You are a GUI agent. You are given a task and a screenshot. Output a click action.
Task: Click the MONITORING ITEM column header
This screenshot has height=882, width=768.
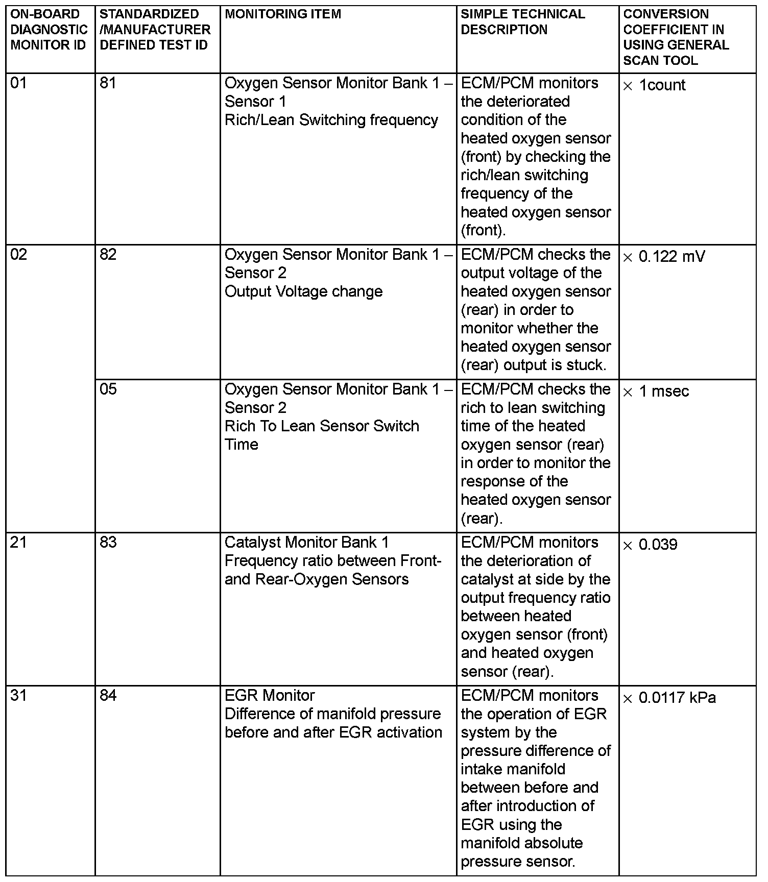pyautogui.click(x=283, y=14)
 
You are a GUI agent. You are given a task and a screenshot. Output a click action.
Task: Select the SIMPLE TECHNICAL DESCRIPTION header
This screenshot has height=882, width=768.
pyautogui.click(x=522, y=22)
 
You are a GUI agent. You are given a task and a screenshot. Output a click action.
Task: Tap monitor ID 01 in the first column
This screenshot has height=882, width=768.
pyautogui.click(x=18, y=83)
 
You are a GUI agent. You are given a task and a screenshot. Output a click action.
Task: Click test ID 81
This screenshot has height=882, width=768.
pyautogui.click(x=108, y=83)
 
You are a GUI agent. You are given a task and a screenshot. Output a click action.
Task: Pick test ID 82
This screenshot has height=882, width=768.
pyautogui.click(x=108, y=255)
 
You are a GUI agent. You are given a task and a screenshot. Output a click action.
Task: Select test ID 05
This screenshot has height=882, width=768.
pyautogui.click(x=108, y=389)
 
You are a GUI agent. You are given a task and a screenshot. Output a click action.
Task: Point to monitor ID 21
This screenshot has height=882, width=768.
pyautogui.click(x=18, y=543)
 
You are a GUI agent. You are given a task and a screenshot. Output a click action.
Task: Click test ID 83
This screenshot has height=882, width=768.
pyautogui.click(x=108, y=543)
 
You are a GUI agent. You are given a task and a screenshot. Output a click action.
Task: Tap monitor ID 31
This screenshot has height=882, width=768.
pyautogui.click(x=18, y=696)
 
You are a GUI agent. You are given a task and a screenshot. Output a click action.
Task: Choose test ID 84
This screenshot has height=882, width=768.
pyautogui.click(x=108, y=696)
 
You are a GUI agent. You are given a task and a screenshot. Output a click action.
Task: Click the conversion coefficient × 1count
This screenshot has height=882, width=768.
pyautogui.click(x=654, y=85)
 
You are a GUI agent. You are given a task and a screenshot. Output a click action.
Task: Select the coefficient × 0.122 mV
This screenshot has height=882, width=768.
pyautogui.click(x=664, y=257)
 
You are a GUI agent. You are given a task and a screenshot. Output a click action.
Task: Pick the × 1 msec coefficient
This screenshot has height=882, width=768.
pyautogui.click(x=656, y=391)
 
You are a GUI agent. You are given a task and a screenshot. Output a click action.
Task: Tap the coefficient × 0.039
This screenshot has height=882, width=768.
pyautogui.click(x=650, y=545)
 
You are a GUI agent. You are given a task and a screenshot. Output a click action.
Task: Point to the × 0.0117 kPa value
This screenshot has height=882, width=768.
pyautogui.click(x=669, y=698)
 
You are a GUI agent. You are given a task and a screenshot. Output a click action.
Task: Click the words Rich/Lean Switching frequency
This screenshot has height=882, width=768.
pyautogui.click(x=331, y=120)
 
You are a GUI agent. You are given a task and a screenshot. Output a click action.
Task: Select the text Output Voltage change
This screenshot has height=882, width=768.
pyautogui.click(x=303, y=292)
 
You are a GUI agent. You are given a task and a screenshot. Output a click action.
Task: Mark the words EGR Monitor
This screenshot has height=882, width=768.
pyautogui.click(x=270, y=696)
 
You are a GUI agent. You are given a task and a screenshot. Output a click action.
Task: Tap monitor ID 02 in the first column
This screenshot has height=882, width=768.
pyautogui.click(x=18, y=255)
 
